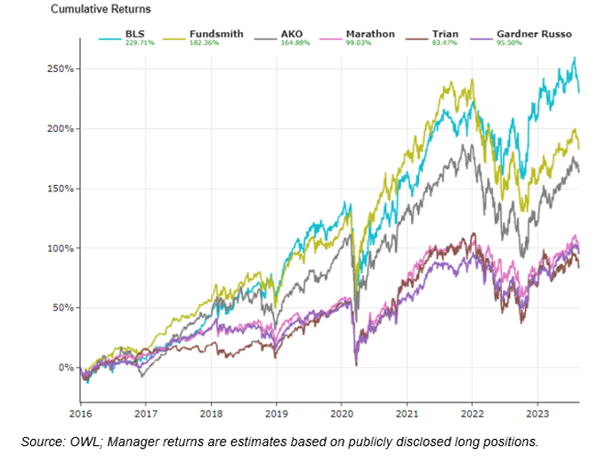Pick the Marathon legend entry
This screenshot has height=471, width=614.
372,33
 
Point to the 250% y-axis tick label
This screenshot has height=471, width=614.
59,69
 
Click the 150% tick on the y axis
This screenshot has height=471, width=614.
59,189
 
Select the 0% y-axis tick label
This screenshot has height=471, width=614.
62,368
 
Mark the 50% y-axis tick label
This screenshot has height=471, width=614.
61,308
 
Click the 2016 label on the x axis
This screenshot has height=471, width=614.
81,413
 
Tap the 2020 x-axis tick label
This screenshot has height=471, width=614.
342,413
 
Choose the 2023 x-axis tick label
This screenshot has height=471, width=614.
537,413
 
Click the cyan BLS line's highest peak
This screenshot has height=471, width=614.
575,58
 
